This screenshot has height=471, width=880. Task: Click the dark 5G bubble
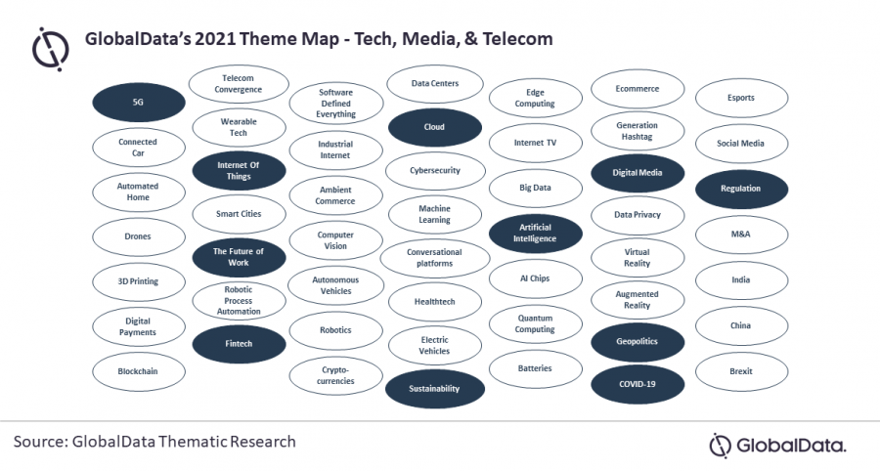tap(138, 102)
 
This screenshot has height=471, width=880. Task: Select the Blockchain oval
tap(138, 371)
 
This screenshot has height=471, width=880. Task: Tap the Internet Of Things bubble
tap(239, 171)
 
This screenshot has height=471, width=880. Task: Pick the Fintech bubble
tap(239, 344)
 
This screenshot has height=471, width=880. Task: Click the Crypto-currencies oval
tap(335, 376)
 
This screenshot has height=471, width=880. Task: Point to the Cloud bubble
tap(434, 127)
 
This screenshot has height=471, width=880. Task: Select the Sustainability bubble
tap(434, 388)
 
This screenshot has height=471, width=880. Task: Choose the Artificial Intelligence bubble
tap(535, 233)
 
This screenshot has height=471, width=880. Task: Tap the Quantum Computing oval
tap(535, 323)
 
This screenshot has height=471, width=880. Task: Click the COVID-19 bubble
tap(637, 384)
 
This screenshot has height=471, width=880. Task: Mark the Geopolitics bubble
tap(637, 342)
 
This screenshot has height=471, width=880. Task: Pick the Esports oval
tap(741, 98)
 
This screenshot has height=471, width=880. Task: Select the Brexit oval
tap(741, 371)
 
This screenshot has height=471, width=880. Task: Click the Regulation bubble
tap(741, 189)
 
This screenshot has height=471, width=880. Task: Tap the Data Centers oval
tap(434, 84)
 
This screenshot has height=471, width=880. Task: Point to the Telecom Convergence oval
tap(239, 84)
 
